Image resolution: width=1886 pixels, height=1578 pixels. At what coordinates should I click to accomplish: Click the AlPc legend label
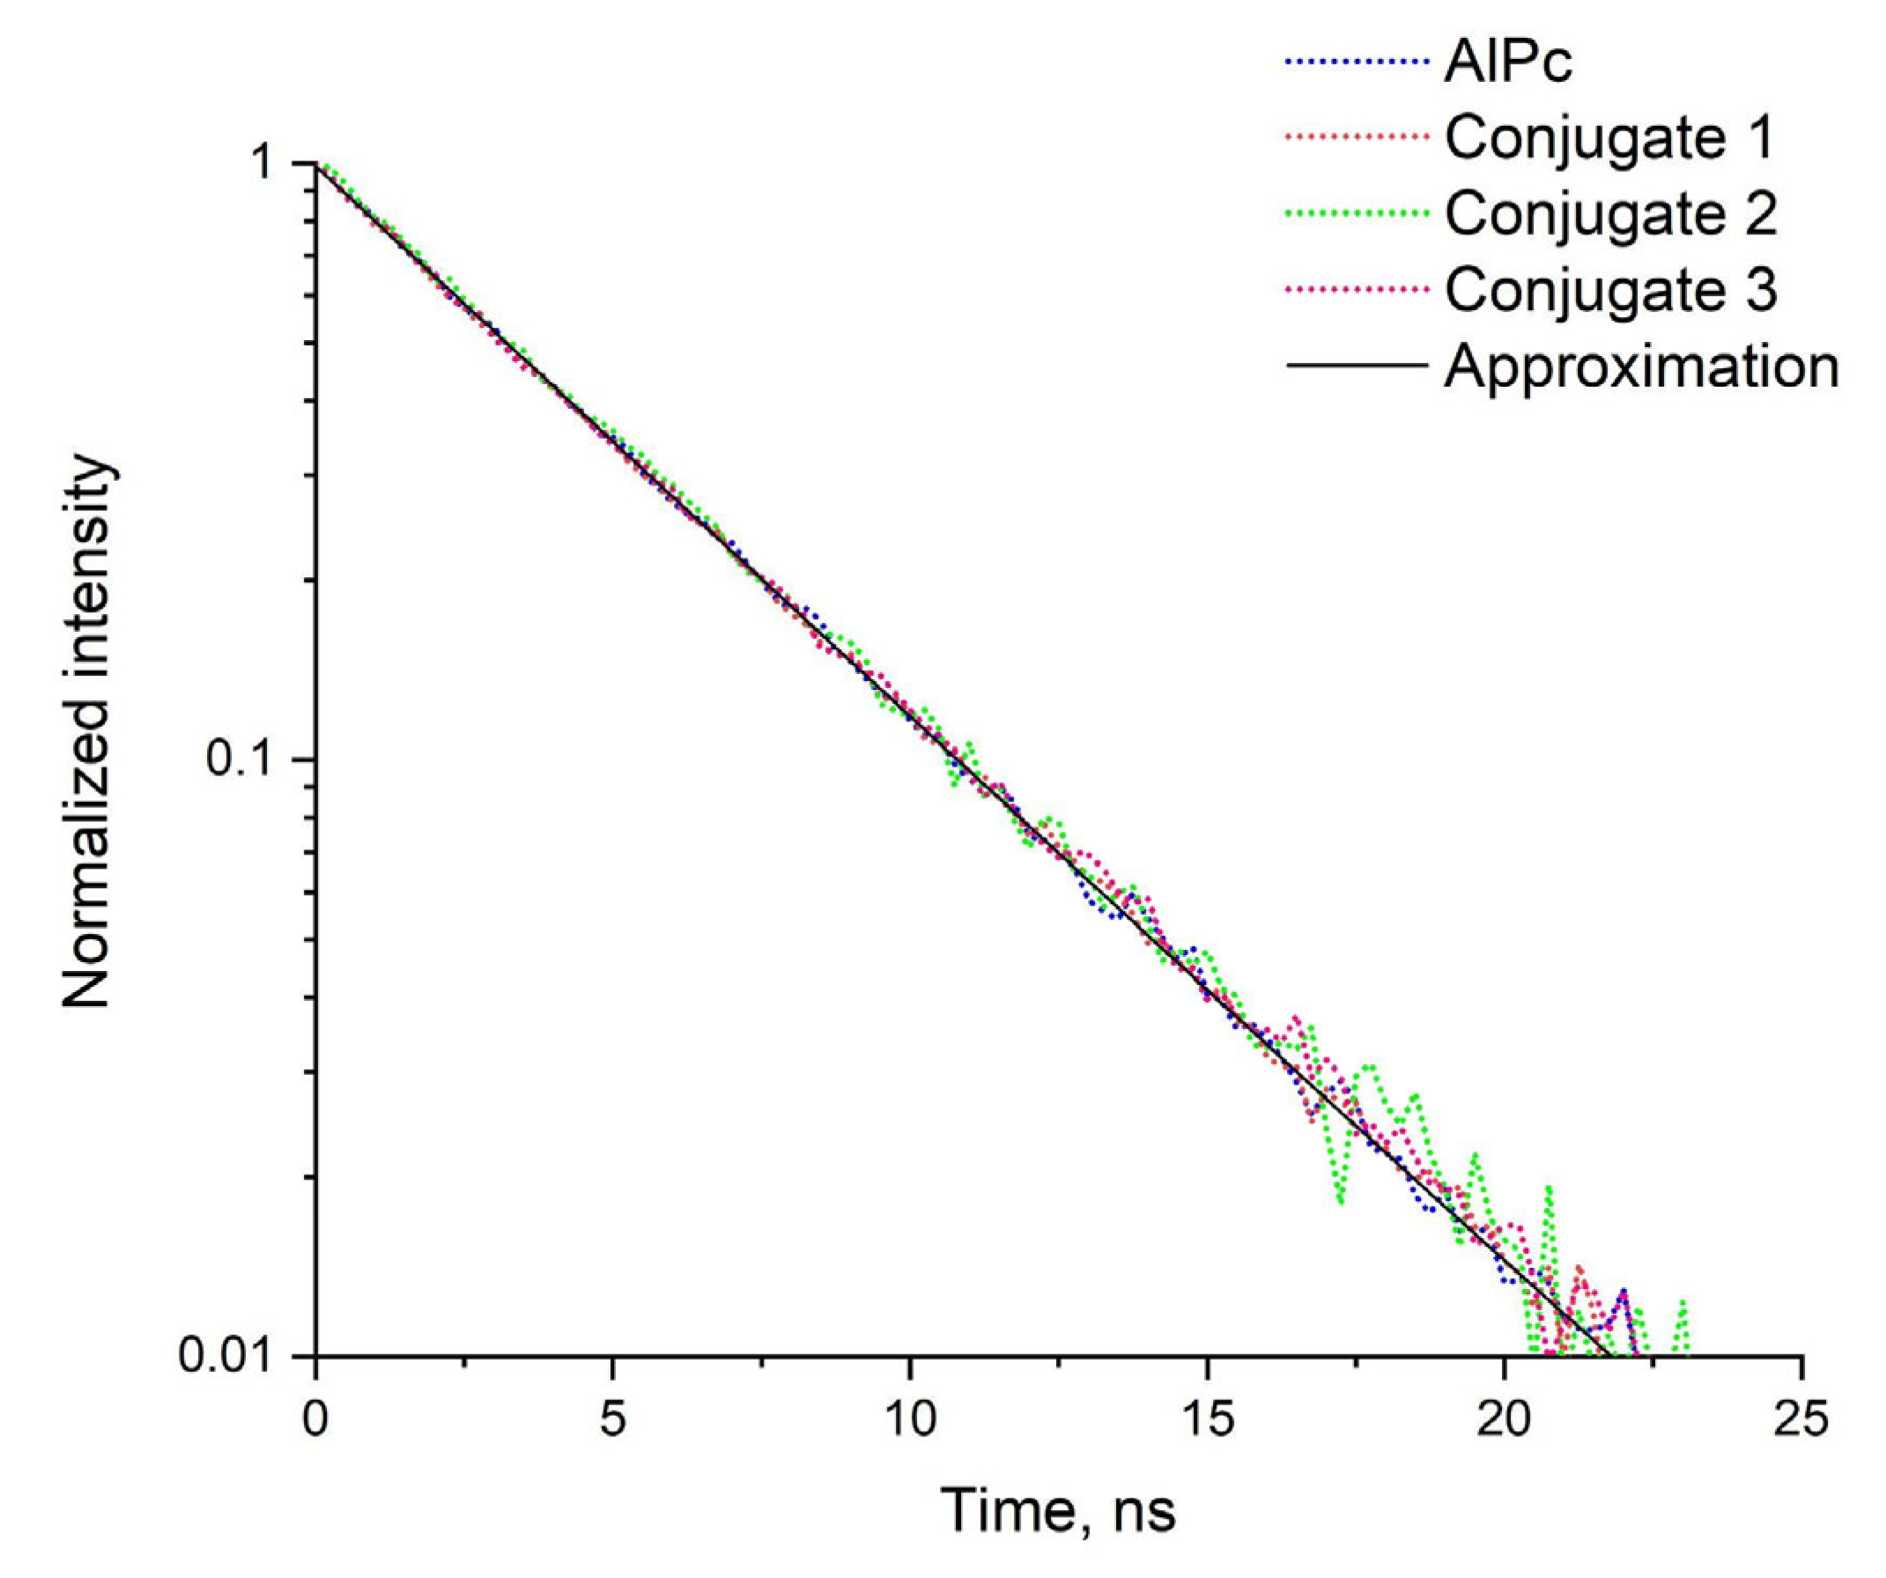[1508, 62]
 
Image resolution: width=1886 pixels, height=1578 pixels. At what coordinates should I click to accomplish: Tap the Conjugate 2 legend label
[1609, 214]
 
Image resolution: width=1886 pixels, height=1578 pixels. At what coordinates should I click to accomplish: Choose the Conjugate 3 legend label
[1609, 289]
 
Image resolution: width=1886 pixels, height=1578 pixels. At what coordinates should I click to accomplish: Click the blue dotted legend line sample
[1356, 62]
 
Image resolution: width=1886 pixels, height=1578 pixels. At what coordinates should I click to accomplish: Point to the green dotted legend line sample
[1356, 214]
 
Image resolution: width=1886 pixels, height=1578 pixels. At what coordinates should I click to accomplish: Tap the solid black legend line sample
[1356, 366]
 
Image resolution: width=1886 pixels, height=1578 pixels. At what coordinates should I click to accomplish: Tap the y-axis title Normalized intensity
[87, 733]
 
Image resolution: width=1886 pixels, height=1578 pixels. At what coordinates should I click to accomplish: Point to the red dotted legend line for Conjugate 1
[1356, 137]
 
